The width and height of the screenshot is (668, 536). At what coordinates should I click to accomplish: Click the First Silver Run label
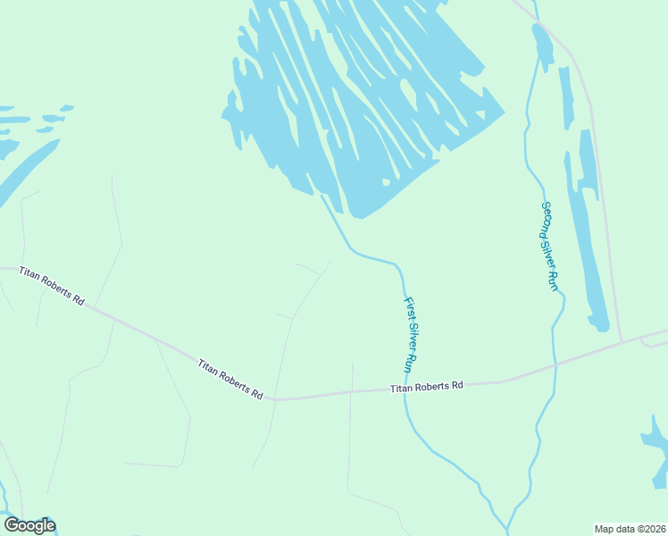[411, 335]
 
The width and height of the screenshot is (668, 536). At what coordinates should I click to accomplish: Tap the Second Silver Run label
[549, 245]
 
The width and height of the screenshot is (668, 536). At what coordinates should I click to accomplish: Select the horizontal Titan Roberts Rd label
[427, 387]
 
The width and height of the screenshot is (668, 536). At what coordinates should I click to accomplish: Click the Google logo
[29, 525]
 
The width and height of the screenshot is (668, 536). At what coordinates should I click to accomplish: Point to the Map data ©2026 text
[630, 529]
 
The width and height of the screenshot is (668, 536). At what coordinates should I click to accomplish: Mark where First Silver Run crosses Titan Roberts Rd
[404, 389]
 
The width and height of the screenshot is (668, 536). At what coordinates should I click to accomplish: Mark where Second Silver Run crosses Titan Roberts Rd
[555, 364]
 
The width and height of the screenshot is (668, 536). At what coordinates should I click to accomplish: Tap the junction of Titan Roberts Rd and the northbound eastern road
[622, 342]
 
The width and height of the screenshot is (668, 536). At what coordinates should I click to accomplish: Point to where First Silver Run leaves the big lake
[323, 197]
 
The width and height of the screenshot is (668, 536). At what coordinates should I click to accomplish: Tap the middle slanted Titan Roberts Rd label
[230, 379]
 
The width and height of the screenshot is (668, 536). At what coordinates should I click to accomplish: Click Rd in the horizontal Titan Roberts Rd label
[457, 386]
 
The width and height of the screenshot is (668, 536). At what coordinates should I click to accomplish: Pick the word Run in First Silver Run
[412, 362]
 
